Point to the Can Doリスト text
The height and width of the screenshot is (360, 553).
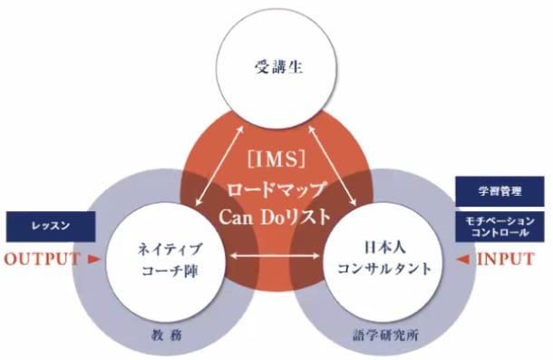point(276,219)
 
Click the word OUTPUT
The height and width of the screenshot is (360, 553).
point(42,258)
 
